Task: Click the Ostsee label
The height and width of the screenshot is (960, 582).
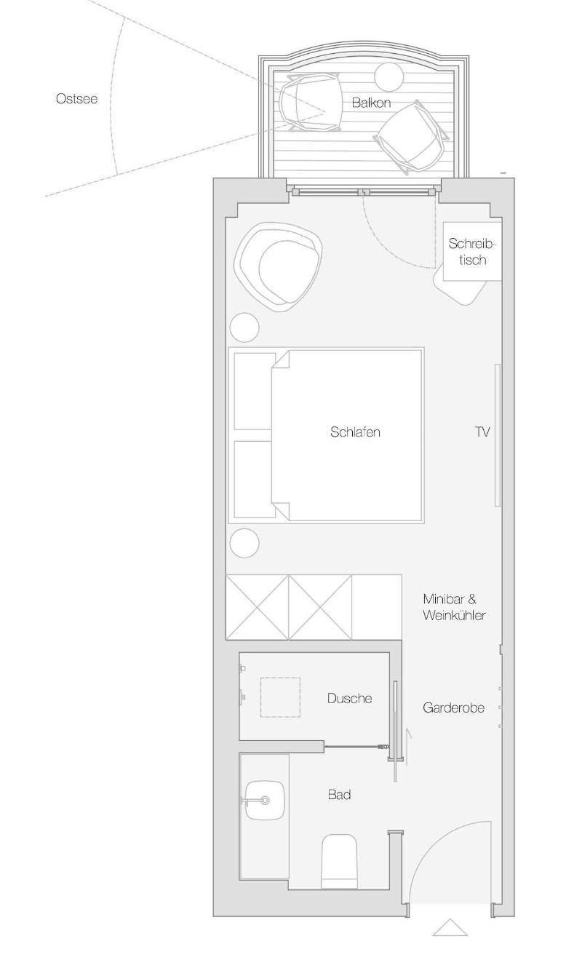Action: pos(76,99)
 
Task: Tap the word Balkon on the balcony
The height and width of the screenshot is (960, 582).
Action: pos(371,103)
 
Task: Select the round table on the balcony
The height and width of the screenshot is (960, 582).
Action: pos(389,77)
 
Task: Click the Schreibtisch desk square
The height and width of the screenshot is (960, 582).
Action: pos(472,252)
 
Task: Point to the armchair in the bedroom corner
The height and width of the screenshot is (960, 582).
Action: pos(279,266)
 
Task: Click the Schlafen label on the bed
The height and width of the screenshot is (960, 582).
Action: pos(355,432)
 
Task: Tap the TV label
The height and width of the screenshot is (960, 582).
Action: pos(482,432)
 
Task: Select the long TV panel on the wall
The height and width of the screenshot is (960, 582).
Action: pos(498,435)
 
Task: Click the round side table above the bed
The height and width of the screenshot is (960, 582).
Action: pos(244,328)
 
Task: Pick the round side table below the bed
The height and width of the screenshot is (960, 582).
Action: pos(244,543)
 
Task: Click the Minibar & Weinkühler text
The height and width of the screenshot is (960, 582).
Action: pos(454,607)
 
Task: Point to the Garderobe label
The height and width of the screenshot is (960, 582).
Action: pos(453,707)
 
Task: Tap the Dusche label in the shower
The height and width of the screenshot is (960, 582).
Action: pos(349,698)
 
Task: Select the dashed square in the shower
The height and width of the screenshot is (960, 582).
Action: pos(280,697)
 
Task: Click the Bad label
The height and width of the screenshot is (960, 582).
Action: pos(340,795)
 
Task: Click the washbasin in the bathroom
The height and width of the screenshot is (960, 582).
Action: pos(265,800)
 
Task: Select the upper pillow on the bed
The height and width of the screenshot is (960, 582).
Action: pos(255,392)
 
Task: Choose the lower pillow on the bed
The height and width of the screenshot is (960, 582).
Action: pos(255,480)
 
